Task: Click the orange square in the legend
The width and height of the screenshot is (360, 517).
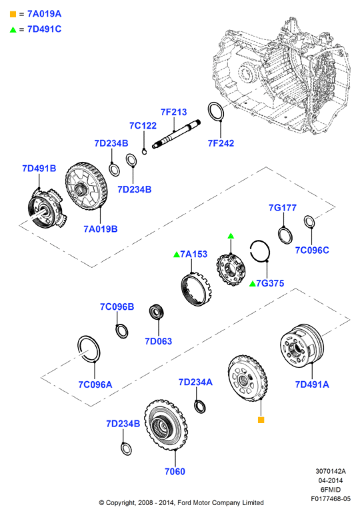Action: (13, 14)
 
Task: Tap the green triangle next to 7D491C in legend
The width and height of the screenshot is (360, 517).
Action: (13, 30)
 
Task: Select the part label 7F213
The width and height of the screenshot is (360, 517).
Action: (173, 112)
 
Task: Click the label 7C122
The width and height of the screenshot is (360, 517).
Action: (143, 126)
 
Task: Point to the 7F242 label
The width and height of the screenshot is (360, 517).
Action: (221, 143)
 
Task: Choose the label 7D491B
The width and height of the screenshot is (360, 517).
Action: (39, 169)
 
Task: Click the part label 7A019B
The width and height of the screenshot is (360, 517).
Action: (100, 229)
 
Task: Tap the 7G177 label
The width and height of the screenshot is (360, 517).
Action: (283, 208)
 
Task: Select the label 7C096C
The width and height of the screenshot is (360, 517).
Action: (312, 251)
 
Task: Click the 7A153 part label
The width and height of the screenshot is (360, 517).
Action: (194, 255)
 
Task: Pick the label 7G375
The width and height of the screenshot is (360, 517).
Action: (270, 283)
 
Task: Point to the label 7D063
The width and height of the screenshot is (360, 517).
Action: (159, 341)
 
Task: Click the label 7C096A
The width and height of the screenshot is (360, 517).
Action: (95, 384)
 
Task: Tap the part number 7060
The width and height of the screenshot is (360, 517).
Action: (175, 472)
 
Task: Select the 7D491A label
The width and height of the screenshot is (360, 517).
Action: (312, 384)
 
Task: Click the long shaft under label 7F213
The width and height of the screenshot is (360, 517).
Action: (176, 134)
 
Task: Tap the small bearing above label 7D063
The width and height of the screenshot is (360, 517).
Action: (157, 312)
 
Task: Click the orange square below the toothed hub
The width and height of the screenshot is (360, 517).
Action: (261, 420)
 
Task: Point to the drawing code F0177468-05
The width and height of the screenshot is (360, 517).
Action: (331, 499)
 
